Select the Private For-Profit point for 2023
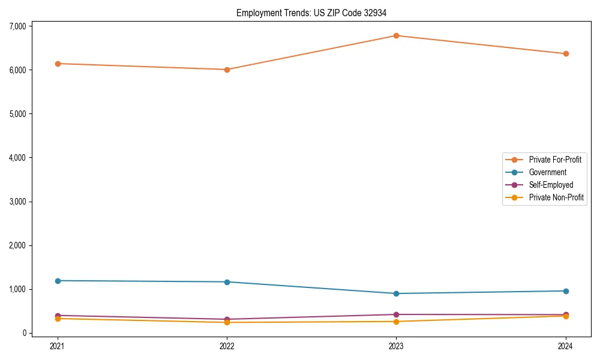tap(396, 36)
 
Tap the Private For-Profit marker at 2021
tap(58, 64)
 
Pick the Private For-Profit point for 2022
tap(227, 70)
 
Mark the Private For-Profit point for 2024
tap(566, 54)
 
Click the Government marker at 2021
tap(58, 281)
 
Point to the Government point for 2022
tap(227, 282)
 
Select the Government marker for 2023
tap(396, 293)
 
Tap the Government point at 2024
tap(566, 291)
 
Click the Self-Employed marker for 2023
tap(396, 314)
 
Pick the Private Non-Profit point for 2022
tap(227, 322)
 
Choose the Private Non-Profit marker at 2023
tap(396, 322)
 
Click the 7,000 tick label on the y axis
tap(18, 26)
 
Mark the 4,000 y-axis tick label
tap(18, 158)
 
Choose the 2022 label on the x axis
tap(227, 346)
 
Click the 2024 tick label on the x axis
tap(566, 346)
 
